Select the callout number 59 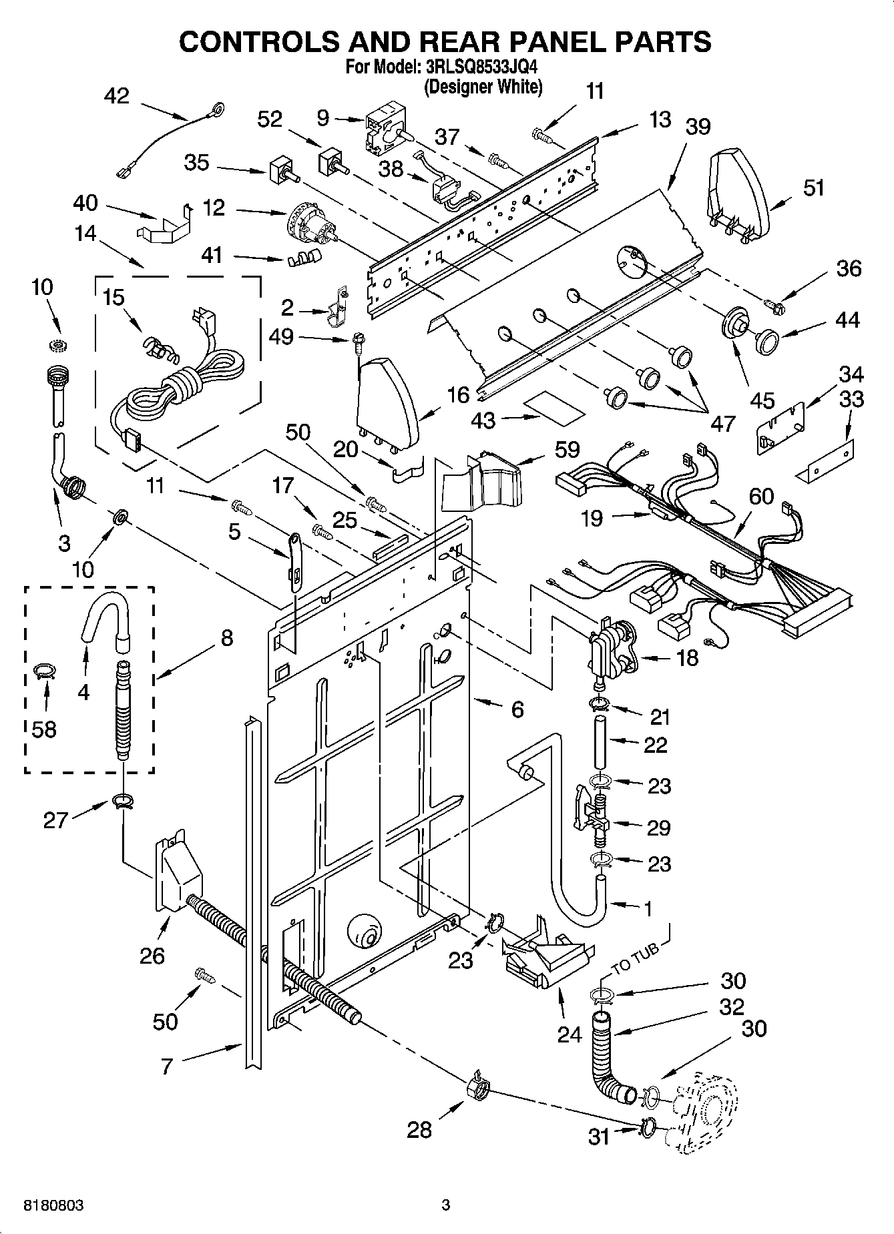tap(567, 449)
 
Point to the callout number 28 tap(419, 1129)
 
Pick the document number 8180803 tap(53, 1205)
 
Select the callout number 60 tap(760, 496)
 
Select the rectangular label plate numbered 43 tap(553, 408)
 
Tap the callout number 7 tap(166, 1066)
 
